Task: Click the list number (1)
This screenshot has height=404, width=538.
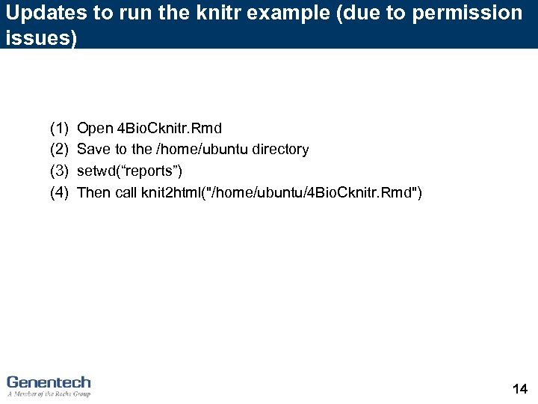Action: coord(59,128)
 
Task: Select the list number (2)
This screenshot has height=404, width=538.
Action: coord(59,150)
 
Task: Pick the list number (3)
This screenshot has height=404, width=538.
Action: coord(59,171)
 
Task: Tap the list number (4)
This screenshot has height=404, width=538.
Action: coord(59,192)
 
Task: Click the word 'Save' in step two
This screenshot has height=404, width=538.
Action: coord(93,150)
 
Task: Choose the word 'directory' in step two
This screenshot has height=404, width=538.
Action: coord(281,150)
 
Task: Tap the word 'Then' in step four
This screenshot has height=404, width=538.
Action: coord(93,192)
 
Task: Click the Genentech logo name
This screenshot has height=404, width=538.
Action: coord(49,382)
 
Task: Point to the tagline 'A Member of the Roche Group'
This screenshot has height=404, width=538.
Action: coord(49,394)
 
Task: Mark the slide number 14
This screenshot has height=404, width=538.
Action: coord(520,388)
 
